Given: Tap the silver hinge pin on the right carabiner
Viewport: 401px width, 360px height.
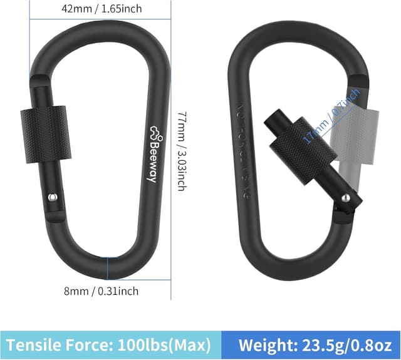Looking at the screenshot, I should pyautogui.click(x=345, y=199).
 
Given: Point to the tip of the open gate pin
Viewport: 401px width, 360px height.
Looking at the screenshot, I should pyautogui.click(x=271, y=121).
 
